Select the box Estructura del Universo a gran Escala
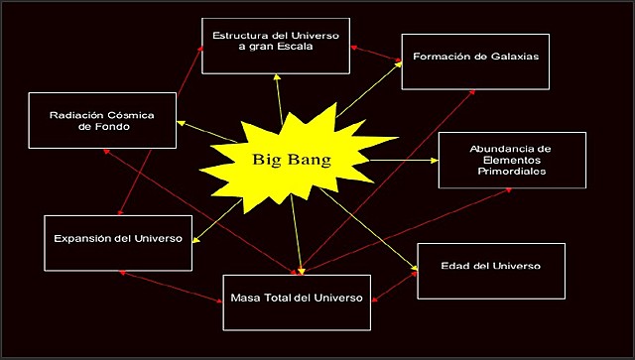coord(276,46)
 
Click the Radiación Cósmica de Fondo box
coord(103,121)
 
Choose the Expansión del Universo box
coord(117,241)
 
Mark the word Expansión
coord(79,240)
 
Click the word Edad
coord(456,267)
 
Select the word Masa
coord(246,298)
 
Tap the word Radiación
coord(76,115)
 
